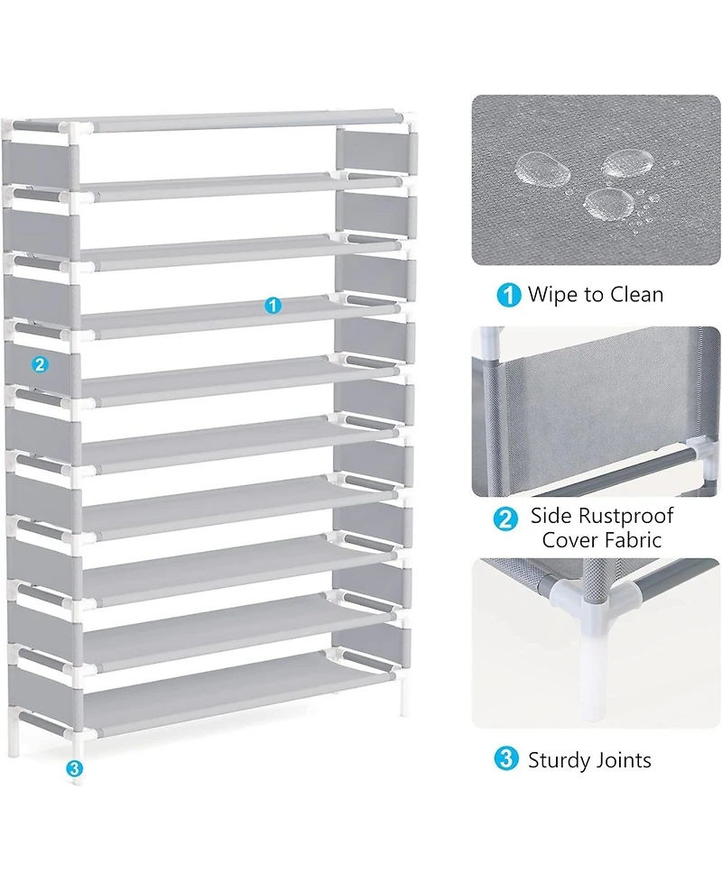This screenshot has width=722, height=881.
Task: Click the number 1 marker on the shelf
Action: pos(273,306)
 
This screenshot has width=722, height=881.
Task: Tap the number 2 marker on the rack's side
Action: pos(39,364)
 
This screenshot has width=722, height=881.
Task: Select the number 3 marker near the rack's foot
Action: pos(74,768)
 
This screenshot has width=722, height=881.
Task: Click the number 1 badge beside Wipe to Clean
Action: pos(508,295)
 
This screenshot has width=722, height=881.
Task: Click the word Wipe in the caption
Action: pos(552,295)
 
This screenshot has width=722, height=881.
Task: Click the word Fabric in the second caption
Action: pos(633,540)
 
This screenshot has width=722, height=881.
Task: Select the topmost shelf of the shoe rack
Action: pos(235,119)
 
